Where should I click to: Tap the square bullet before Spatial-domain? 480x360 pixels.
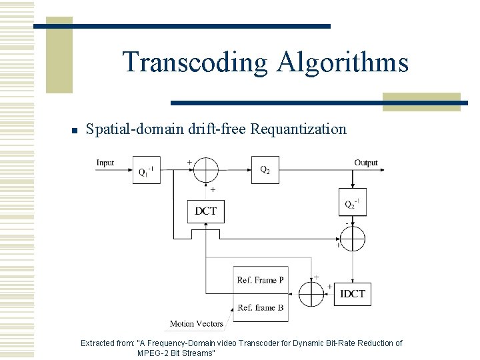(x=75, y=130)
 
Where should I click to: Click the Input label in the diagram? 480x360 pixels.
(x=105, y=163)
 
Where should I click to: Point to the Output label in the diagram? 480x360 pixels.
(x=366, y=163)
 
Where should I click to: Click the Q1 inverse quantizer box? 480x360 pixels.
(x=146, y=170)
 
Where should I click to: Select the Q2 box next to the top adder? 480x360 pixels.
(x=265, y=169)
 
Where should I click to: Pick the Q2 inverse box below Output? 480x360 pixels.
(x=352, y=203)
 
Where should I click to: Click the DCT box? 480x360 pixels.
(x=205, y=211)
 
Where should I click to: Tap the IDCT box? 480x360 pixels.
(x=352, y=293)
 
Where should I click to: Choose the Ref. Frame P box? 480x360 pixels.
(x=261, y=280)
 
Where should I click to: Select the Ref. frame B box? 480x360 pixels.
(x=261, y=307)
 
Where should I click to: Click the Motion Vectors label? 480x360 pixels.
(x=196, y=324)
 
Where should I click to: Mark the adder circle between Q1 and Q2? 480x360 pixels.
(x=205, y=170)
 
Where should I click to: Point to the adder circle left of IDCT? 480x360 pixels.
(x=311, y=293)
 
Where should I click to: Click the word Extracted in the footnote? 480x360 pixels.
(x=107, y=343)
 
